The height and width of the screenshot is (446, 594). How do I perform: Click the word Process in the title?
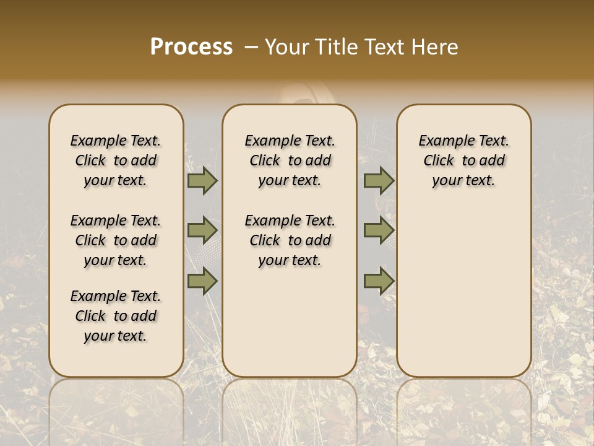click(x=191, y=47)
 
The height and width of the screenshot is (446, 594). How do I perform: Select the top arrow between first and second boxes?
click(x=202, y=181)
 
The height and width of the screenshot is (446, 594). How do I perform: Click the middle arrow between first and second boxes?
click(x=202, y=230)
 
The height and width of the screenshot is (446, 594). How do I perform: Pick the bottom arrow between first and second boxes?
click(x=202, y=281)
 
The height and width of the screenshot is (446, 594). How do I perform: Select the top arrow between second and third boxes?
click(x=379, y=181)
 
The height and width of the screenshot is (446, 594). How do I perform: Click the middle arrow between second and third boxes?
click(x=379, y=230)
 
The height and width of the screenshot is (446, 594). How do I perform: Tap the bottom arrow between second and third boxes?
click(x=379, y=281)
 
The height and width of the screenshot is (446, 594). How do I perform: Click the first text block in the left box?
click(x=116, y=160)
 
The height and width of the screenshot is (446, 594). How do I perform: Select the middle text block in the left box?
click(x=116, y=240)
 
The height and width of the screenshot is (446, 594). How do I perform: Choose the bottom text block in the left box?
click(x=116, y=316)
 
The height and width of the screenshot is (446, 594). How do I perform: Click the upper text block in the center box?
click(x=290, y=160)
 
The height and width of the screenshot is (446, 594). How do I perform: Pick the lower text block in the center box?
click(x=290, y=240)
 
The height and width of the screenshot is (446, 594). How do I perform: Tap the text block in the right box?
click(x=463, y=160)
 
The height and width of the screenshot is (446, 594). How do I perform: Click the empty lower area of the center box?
click(x=290, y=322)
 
